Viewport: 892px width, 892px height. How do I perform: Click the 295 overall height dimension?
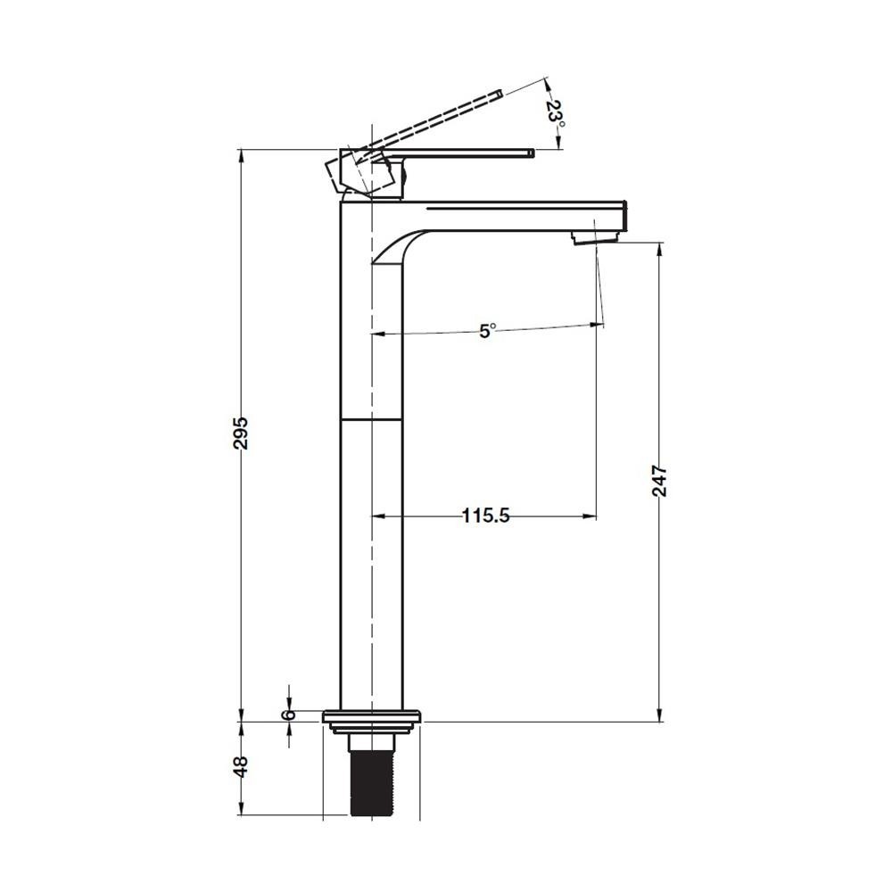click(x=241, y=433)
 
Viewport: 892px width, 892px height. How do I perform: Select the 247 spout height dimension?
click(x=659, y=481)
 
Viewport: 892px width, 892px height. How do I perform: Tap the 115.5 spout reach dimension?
click(x=485, y=516)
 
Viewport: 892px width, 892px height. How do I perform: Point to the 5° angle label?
click(x=487, y=331)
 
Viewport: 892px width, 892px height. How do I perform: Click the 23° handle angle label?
click(x=555, y=115)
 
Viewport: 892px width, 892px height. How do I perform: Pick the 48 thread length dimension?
click(x=241, y=766)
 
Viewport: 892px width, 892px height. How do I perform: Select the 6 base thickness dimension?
click(x=290, y=714)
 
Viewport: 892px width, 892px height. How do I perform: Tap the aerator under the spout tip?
click(x=595, y=237)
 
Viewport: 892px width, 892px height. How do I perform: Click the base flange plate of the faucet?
click(x=372, y=717)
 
